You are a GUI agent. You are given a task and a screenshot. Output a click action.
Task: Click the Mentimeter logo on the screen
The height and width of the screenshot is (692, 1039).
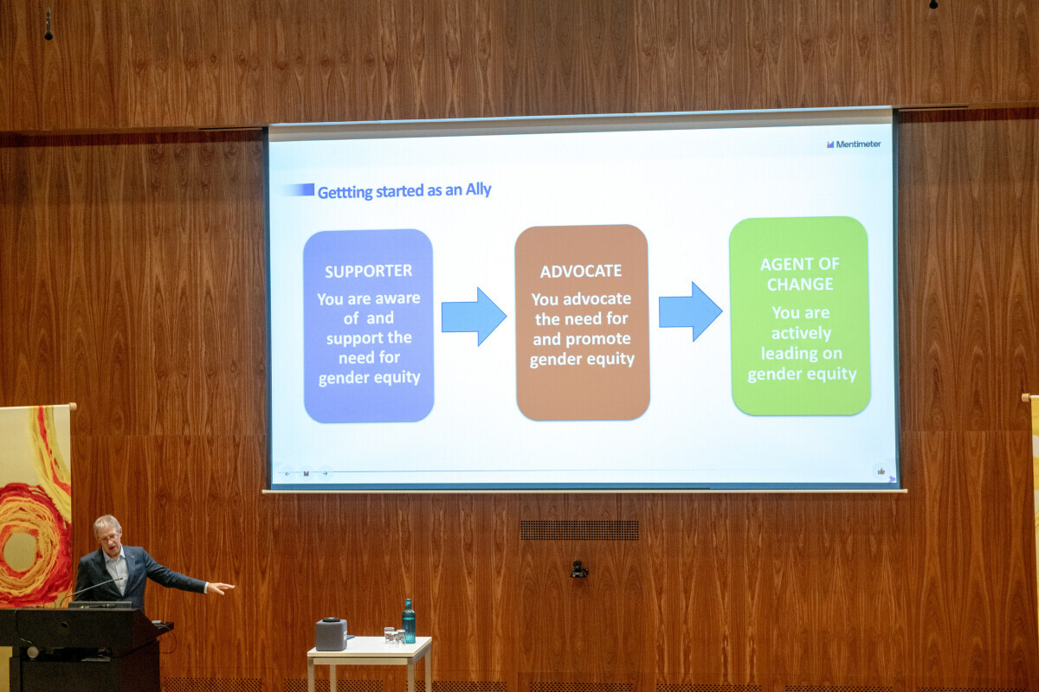point(854,144)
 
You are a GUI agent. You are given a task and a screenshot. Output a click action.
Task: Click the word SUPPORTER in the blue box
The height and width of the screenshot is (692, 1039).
point(368,271)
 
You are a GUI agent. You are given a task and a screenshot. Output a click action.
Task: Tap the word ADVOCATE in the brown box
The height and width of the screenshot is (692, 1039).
point(581,271)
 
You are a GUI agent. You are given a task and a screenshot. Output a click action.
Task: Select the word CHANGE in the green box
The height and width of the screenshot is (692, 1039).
point(800,284)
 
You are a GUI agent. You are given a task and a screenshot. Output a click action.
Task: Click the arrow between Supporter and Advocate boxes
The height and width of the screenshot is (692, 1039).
point(474,317)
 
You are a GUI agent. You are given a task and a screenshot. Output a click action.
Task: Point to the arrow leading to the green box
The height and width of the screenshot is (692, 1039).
point(690,311)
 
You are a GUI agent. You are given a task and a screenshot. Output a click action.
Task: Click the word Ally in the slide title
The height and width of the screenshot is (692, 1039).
point(478,189)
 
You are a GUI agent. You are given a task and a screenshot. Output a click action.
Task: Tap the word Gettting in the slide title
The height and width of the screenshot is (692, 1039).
point(345,192)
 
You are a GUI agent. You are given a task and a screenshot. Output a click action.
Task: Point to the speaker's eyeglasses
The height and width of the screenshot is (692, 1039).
point(108,538)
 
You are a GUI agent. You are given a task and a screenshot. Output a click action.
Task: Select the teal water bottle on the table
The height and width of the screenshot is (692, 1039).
point(409,621)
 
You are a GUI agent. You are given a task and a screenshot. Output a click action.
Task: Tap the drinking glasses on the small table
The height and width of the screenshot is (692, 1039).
point(394,635)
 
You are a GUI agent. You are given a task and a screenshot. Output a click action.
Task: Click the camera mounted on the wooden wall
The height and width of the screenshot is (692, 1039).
point(578,570)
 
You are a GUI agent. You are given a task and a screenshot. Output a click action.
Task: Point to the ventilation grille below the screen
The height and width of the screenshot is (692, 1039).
point(579,530)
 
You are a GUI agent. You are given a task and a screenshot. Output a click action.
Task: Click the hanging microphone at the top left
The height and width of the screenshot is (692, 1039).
point(48,24)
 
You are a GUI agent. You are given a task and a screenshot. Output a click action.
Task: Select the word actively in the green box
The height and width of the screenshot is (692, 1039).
point(801,333)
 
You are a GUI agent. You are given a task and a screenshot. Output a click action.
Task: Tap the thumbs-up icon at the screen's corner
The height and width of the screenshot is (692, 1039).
point(881,471)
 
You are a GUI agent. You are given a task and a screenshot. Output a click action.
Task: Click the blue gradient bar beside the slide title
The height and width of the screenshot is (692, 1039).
point(298,189)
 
